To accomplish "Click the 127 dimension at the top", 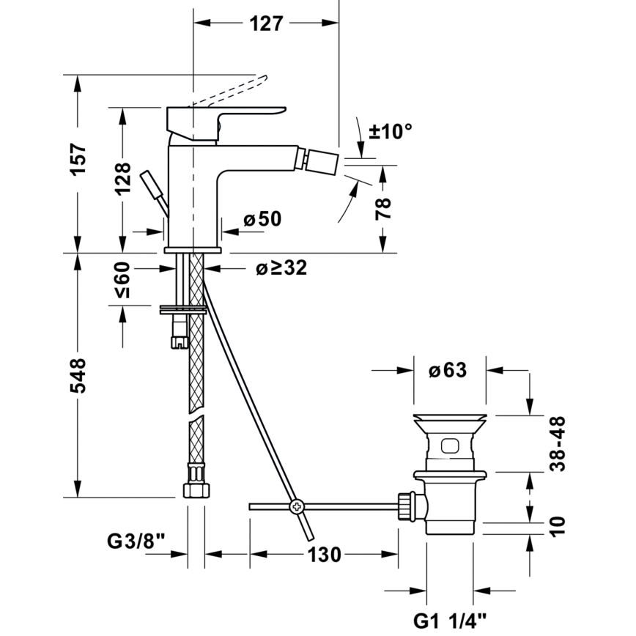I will [x=265, y=23].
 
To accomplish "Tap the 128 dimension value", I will [x=122, y=178].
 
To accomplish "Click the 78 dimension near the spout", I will [x=385, y=208].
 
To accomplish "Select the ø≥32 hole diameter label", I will [x=281, y=269].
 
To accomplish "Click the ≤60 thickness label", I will [x=122, y=280].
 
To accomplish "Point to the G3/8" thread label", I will [x=136, y=542].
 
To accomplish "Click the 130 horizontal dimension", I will [x=324, y=555].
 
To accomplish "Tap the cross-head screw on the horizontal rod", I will [x=297, y=506].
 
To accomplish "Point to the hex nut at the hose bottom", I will [x=194, y=489].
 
